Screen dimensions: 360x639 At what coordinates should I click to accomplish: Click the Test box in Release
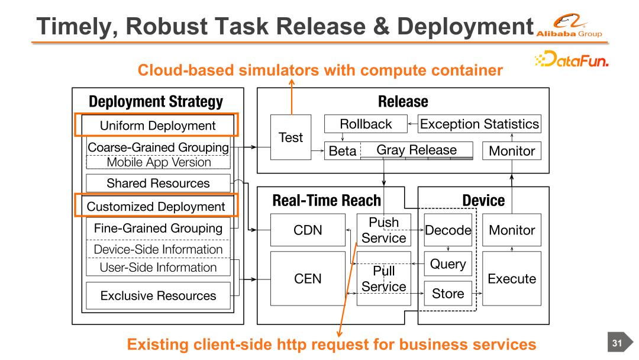(x=291, y=137)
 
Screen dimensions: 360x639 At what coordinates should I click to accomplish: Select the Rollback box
(x=366, y=124)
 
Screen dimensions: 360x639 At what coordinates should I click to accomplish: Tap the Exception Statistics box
(x=480, y=124)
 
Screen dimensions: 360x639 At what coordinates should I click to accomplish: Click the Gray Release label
(x=417, y=150)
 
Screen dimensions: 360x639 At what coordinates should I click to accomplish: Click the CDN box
(x=308, y=230)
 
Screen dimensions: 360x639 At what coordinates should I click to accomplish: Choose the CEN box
(x=308, y=278)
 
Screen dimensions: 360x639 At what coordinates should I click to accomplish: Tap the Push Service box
(x=384, y=230)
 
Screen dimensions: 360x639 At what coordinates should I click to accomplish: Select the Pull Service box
(x=384, y=279)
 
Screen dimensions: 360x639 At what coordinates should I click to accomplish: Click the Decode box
(x=448, y=230)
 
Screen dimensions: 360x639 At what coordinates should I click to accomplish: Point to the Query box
(x=448, y=263)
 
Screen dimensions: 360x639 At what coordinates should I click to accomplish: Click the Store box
(x=448, y=293)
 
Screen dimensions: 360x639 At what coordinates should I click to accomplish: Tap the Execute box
(x=511, y=278)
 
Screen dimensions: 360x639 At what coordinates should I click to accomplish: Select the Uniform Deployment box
(x=157, y=126)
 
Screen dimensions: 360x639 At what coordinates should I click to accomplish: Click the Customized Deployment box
(x=156, y=207)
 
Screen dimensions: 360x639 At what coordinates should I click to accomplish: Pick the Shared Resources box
(x=158, y=183)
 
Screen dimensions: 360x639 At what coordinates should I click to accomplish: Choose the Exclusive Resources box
(x=158, y=295)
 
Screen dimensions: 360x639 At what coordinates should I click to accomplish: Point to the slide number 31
(x=617, y=342)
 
